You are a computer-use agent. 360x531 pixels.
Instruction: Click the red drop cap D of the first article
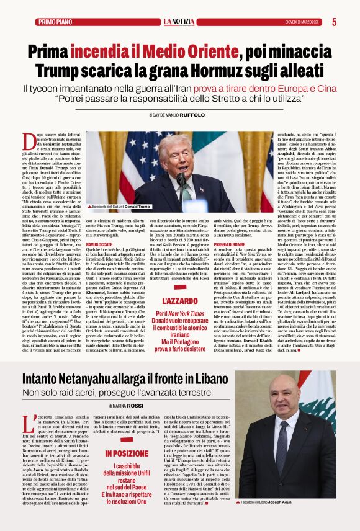click(x=30, y=141)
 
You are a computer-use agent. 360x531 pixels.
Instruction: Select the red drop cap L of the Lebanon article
click(x=29, y=425)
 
